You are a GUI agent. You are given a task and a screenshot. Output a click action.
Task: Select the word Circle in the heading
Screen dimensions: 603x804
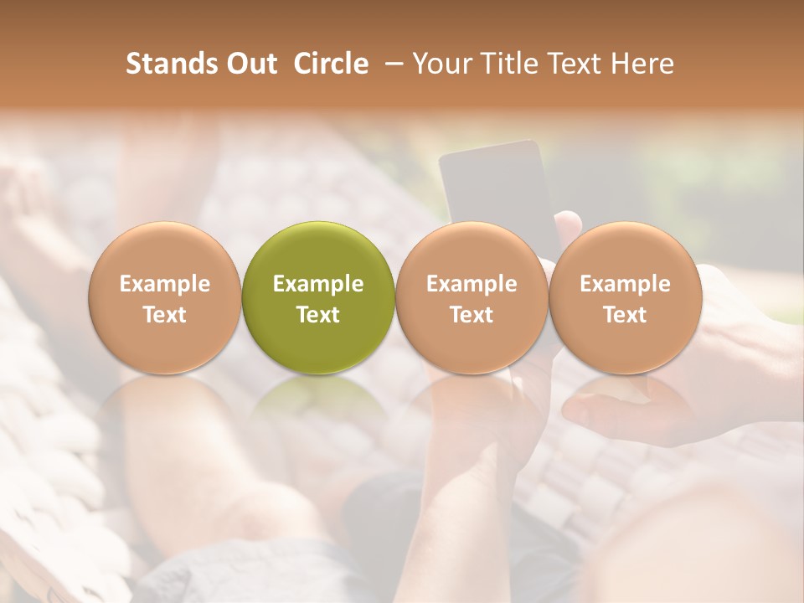point(331,64)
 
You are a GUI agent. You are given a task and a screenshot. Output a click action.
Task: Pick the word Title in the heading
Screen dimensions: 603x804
point(508,64)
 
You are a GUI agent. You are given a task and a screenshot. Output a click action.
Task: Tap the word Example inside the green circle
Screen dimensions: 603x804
point(318,284)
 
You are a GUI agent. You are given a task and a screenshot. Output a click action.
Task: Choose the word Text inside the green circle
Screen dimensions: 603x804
point(318,315)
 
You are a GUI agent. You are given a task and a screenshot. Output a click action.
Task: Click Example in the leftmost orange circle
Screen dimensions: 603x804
point(165,284)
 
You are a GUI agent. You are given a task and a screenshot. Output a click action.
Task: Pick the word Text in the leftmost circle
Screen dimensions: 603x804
point(165,315)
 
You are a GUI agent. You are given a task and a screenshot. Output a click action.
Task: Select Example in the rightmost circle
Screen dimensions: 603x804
point(625,284)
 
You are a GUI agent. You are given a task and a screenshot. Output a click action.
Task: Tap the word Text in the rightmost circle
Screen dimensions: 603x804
point(625,315)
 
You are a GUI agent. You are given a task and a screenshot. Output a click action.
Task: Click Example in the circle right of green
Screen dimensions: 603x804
point(472,284)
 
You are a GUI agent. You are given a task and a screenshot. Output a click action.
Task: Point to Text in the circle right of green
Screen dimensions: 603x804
point(472,315)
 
